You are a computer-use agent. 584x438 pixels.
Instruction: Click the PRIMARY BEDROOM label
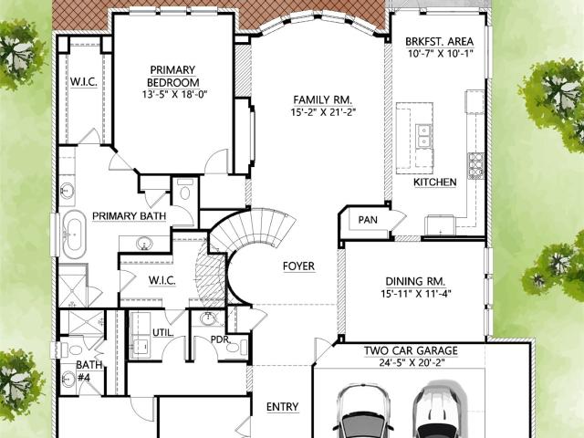(172, 76)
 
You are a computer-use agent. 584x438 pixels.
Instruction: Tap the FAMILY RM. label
(322, 100)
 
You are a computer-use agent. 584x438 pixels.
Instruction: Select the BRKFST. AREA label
(440, 41)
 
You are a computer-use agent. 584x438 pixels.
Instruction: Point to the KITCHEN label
(435, 182)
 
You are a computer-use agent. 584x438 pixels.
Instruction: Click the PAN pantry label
(368, 220)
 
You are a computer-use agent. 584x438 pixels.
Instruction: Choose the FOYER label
(298, 266)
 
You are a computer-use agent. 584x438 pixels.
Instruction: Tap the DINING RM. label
(415, 282)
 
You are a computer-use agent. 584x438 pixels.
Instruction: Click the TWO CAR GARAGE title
(411, 350)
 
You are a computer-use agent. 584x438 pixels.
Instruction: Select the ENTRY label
(282, 407)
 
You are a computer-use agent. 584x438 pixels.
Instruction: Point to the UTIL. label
(163, 332)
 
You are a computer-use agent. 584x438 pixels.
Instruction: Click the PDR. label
(221, 339)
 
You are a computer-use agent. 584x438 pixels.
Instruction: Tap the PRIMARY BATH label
(130, 216)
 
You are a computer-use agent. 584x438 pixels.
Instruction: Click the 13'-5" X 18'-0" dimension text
(174, 94)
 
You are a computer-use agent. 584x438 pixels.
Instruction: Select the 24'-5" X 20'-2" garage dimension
(412, 362)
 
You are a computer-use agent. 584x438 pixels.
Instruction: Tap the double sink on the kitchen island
(423, 136)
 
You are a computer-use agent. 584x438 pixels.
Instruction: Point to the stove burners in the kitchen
(475, 166)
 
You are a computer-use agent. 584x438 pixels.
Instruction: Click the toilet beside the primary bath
(185, 190)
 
